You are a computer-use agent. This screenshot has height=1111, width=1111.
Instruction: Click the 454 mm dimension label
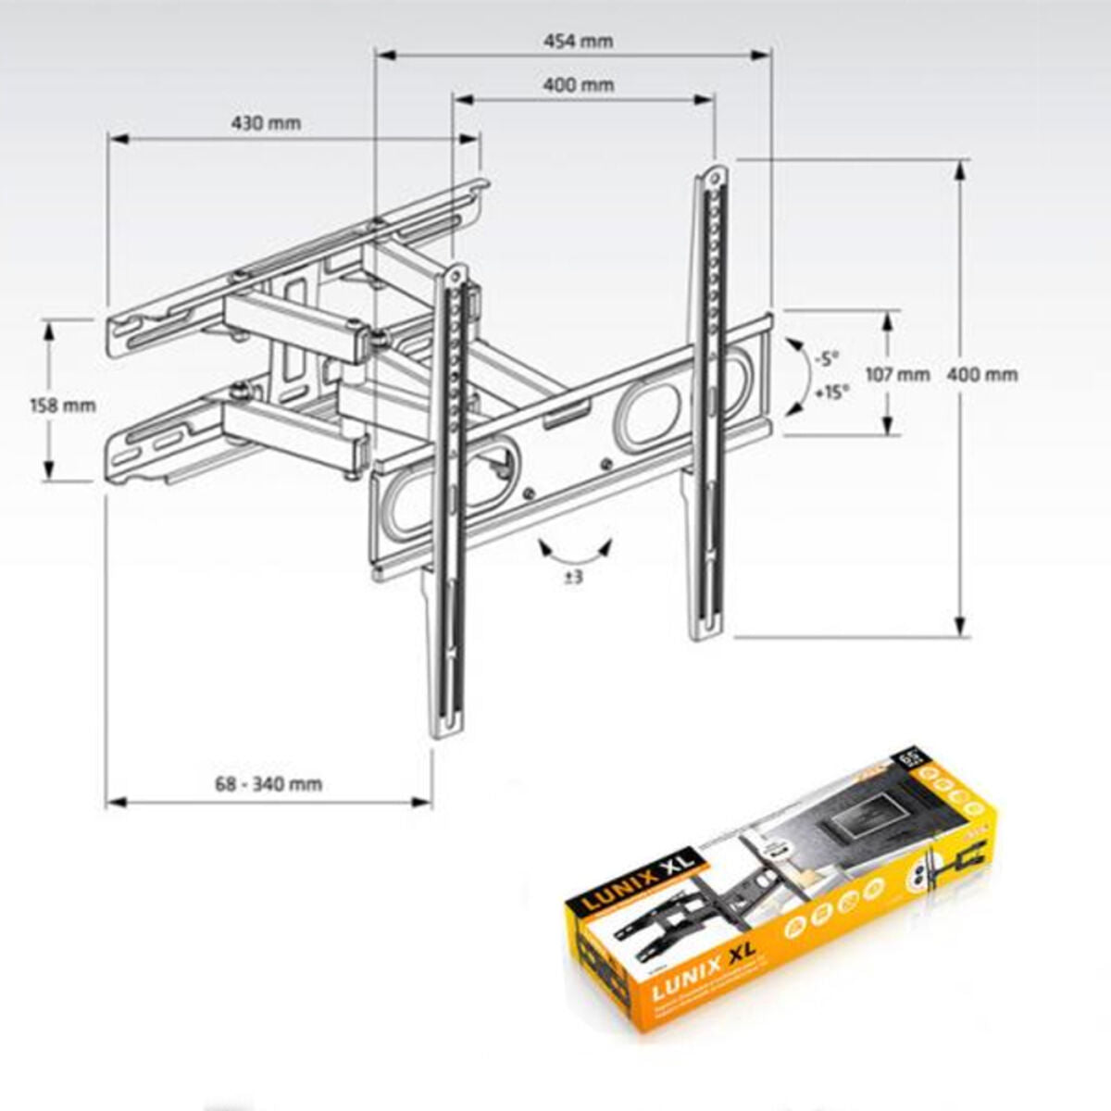click(577, 41)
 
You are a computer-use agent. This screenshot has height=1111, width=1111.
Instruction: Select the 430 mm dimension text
click(267, 123)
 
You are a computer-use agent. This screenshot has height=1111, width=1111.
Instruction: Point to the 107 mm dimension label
click(896, 374)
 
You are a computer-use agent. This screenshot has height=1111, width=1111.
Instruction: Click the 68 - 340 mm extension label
click(268, 784)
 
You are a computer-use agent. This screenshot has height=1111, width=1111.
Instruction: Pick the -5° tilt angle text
click(826, 357)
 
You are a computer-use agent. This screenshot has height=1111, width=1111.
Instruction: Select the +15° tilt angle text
click(830, 393)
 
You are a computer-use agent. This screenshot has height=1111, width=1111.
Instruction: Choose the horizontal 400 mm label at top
click(579, 85)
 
